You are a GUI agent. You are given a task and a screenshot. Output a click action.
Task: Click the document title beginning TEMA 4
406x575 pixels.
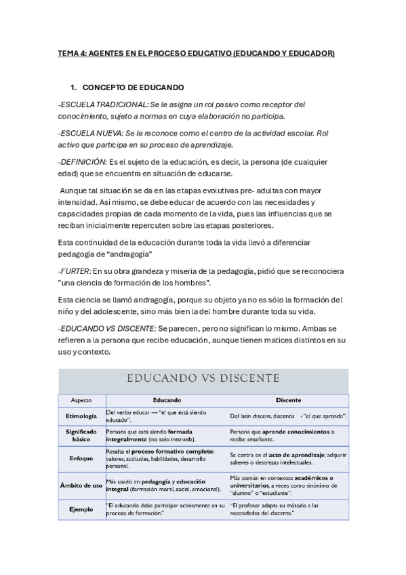tap(197, 52)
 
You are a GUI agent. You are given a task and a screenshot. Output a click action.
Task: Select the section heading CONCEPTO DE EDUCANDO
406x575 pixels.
tap(132, 88)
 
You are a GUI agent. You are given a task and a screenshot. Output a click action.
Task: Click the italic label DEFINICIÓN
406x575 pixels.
tap(83, 161)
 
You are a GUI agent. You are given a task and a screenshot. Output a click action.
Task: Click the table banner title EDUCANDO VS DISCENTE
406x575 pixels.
tap(203, 378)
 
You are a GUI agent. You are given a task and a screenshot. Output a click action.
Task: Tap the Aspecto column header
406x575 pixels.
tap(81, 400)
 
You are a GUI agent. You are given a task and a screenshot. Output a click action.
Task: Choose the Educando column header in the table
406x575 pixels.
tap(167, 400)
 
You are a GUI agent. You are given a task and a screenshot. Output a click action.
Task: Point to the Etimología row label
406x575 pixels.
tap(81, 415)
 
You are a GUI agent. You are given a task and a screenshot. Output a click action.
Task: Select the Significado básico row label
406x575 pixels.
tap(81, 435)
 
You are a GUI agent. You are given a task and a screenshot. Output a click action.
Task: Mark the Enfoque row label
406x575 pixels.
tap(81, 458)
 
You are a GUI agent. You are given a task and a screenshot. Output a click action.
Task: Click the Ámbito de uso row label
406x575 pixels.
tap(81, 485)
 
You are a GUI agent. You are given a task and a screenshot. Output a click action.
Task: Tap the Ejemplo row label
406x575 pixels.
tap(81, 509)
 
